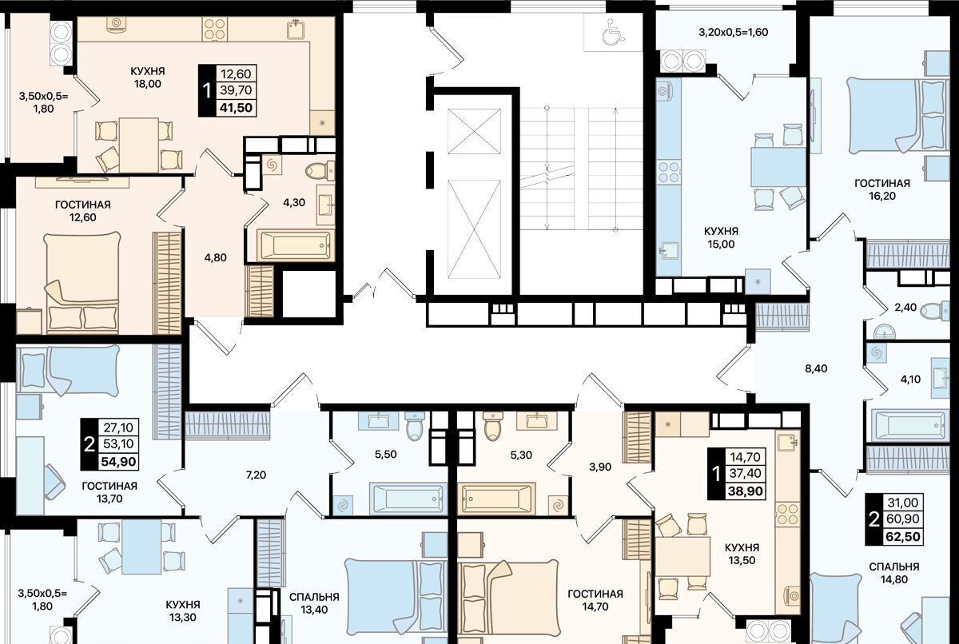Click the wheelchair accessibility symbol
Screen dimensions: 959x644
613,33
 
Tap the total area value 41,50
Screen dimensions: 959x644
236,107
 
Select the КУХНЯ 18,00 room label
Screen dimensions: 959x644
148,77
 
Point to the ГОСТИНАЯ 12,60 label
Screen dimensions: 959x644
83,211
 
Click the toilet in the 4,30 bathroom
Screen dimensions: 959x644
320,171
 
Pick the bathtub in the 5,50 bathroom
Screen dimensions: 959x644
408,499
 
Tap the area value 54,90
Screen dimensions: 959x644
118,462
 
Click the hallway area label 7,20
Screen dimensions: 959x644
257,475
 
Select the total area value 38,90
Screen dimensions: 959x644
746,491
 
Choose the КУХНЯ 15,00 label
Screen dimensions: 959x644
722,237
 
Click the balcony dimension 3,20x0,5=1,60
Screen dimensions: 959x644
734,32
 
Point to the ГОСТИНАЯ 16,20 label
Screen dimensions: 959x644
882,189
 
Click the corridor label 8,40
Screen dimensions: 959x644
816,368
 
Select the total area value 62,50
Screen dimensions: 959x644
903,537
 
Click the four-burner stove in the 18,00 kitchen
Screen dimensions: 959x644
215,30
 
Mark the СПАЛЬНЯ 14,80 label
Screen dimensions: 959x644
894,573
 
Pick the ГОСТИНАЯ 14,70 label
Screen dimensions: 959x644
595,600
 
